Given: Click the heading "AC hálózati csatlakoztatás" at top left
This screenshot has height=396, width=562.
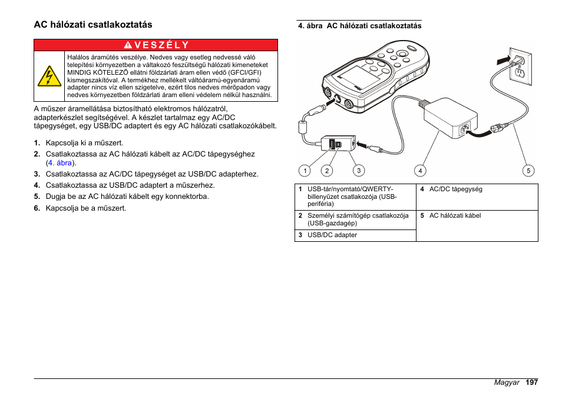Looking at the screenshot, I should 93,25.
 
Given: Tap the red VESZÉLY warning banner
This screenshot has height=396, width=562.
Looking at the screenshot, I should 156,45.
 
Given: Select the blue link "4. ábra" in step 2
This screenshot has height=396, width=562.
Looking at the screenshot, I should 61,163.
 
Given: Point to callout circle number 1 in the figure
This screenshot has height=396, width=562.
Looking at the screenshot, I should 305,171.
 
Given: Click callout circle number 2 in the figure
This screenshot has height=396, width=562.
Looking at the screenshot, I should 327,171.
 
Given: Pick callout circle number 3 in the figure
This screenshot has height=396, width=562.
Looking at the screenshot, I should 358,171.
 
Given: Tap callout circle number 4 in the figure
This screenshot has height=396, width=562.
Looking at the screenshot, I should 420,171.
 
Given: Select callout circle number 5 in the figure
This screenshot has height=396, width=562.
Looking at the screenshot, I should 528,171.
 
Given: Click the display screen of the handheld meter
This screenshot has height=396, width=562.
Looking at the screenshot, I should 355,77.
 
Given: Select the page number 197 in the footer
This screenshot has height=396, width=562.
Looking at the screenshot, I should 532,382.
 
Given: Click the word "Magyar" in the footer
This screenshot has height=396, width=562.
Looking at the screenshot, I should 507,382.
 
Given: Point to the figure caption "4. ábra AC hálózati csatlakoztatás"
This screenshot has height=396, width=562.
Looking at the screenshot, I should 360,26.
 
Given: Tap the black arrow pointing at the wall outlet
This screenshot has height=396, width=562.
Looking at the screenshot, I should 501,59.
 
